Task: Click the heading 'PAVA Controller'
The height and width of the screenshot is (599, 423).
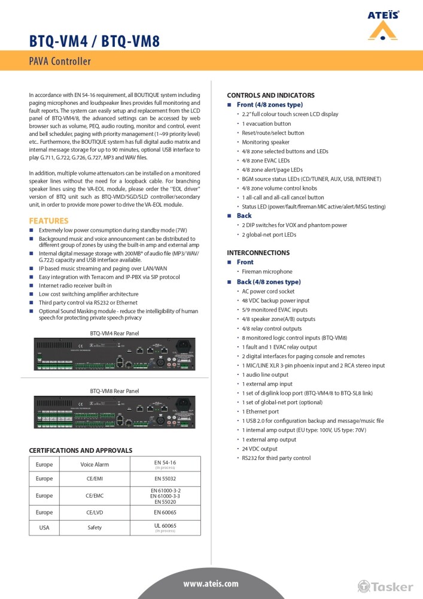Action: (x=60, y=62)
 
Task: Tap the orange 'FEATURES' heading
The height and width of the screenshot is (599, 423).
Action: (x=48, y=220)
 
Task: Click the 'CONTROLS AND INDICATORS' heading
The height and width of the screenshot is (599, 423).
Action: (x=270, y=95)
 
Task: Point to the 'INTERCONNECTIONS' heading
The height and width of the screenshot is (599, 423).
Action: (x=258, y=253)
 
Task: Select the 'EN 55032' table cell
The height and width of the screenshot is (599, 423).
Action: (x=165, y=479)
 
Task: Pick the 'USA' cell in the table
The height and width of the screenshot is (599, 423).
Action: (x=44, y=528)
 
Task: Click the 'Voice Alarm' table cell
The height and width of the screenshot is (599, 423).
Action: (x=95, y=464)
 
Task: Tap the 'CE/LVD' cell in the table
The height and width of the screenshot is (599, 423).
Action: (x=95, y=513)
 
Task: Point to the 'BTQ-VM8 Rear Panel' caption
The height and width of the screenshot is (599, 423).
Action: (x=114, y=391)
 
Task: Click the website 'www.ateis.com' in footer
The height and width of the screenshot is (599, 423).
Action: (x=211, y=583)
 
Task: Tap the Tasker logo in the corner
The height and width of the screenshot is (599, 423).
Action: (x=385, y=586)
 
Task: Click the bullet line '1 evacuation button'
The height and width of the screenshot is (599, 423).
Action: (x=266, y=123)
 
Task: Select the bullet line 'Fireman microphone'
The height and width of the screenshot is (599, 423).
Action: (x=267, y=272)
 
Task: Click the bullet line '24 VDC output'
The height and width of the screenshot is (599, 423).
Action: (x=260, y=449)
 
